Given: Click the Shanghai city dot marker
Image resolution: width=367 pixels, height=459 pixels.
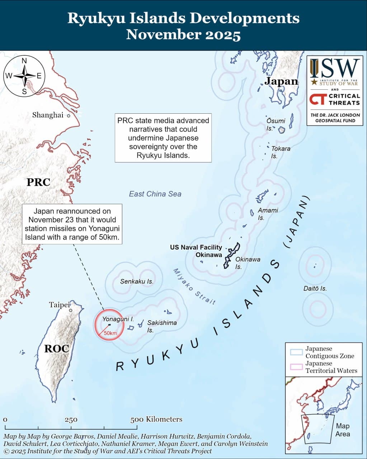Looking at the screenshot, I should tap(68, 116).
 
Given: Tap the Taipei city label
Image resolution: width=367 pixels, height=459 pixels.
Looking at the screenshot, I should tap(59, 305).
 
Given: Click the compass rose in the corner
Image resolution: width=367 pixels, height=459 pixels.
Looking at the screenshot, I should tap(24, 76).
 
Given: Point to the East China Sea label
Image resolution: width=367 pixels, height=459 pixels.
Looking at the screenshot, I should tap(155, 194).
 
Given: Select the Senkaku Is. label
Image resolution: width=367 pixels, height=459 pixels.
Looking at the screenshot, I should tap(137, 281).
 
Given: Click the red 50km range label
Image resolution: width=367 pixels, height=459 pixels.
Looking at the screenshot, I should tap(110, 333).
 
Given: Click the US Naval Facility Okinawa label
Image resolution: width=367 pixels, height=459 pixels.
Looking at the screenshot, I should tap(196, 251).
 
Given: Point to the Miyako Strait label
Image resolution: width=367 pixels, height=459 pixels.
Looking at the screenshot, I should tap(194, 287).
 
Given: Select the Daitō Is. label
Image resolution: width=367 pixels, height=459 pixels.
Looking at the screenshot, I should tap(315, 288).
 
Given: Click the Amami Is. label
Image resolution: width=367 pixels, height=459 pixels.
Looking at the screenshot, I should tap(268, 214).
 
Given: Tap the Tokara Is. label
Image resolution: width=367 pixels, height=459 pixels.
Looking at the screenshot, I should tap(280, 152).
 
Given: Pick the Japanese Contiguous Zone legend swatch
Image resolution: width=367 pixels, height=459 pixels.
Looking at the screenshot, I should tap(297, 352).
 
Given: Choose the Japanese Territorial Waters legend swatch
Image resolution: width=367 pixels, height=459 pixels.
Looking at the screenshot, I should tap(297, 367).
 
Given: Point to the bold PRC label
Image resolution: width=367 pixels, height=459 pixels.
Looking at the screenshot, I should tap(38, 182).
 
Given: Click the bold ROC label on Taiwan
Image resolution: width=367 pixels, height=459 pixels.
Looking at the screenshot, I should tap(56, 348).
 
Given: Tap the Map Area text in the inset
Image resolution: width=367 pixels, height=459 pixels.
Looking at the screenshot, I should tap(342, 430).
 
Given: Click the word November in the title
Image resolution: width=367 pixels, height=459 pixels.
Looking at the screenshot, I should tap(162, 35).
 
